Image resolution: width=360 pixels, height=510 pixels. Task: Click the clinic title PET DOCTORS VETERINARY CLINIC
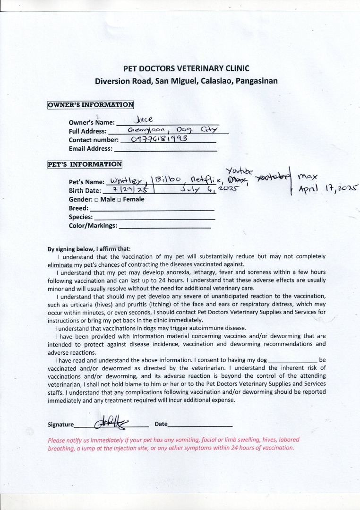(186, 68)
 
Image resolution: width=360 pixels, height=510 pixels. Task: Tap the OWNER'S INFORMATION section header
(90, 105)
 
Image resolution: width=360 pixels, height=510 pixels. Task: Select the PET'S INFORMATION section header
(85, 164)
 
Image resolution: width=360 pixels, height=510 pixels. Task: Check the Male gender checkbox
(96, 200)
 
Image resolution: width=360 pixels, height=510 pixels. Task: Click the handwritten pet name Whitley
(126, 181)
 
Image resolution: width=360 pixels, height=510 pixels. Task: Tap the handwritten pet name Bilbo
(166, 179)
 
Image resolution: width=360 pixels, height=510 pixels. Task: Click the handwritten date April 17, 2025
(328, 188)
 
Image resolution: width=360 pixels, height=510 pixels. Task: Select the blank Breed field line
(152, 209)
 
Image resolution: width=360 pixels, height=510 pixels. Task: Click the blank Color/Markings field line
(164, 226)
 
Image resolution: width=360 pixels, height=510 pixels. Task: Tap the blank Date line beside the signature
(200, 425)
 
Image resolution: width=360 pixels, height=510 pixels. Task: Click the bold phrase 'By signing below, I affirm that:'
(89, 249)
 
